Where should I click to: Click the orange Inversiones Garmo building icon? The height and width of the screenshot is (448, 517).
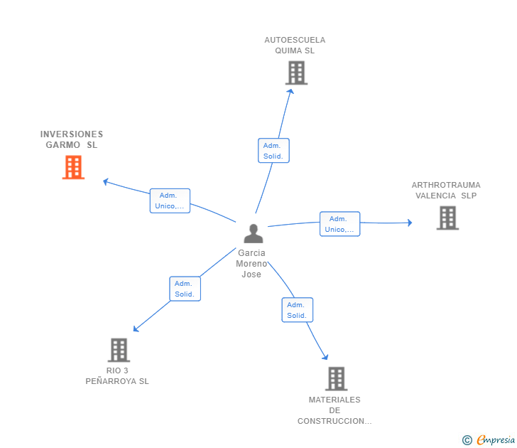click(73, 167)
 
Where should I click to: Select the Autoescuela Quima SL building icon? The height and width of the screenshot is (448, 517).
click(296, 73)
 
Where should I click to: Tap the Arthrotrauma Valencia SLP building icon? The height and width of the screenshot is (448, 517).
click(447, 218)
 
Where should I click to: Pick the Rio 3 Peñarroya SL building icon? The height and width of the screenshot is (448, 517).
click(119, 350)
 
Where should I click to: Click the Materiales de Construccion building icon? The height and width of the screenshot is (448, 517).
click(336, 378)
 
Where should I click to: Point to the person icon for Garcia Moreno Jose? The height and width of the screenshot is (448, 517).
click(253, 233)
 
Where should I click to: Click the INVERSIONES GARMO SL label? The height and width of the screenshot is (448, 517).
click(72, 139)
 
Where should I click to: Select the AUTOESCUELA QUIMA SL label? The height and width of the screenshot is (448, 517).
click(295, 45)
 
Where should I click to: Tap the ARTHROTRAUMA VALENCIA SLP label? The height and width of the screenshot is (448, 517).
click(446, 190)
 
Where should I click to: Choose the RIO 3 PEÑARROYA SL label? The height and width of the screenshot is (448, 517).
click(117, 375)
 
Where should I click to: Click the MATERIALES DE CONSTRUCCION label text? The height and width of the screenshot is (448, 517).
click(334, 410)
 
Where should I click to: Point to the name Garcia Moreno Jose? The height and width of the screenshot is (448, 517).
click(251, 264)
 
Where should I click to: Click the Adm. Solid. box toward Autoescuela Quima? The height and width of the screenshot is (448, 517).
click(273, 151)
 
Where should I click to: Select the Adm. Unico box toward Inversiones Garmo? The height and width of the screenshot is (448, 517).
click(170, 201)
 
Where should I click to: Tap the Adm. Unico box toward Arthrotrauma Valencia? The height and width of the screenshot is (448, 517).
click(339, 224)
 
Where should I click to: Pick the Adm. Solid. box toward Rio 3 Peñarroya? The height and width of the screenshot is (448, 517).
click(185, 289)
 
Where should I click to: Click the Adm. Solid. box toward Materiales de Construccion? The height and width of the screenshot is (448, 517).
click(297, 310)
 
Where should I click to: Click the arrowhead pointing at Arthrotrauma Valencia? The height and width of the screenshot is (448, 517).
click(409, 223)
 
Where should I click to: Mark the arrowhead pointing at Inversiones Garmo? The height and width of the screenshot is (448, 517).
click(105, 181)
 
